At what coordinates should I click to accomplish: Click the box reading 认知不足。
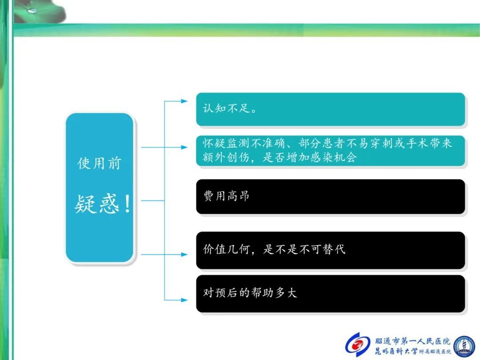tap(330, 109)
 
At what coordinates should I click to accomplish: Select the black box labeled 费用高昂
tap(330, 196)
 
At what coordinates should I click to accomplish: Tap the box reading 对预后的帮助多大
tap(330, 294)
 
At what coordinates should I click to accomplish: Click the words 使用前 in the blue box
tap(100, 163)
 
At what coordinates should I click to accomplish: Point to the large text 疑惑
tap(96, 204)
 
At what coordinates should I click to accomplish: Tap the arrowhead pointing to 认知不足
tap(184, 101)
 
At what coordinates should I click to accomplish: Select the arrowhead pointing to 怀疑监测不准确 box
tap(184, 147)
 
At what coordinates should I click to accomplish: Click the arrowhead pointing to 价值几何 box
tap(184, 254)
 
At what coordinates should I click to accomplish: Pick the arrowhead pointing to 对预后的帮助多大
tap(184, 300)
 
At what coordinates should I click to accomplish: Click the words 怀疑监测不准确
tap(244, 143)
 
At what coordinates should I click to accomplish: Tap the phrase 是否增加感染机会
tap(310, 157)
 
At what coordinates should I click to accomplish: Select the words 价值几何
tap(227, 249)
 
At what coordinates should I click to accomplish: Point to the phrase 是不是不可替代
tap(304, 249)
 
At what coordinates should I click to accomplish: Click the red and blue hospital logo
tap(357, 344)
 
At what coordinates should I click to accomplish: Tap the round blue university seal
tap(464, 346)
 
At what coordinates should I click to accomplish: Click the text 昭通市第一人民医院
tap(412, 341)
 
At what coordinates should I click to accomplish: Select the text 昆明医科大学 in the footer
tap(396, 351)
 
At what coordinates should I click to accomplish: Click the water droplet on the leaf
tap(32, 11)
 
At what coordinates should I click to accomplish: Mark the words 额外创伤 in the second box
tap(226, 157)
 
